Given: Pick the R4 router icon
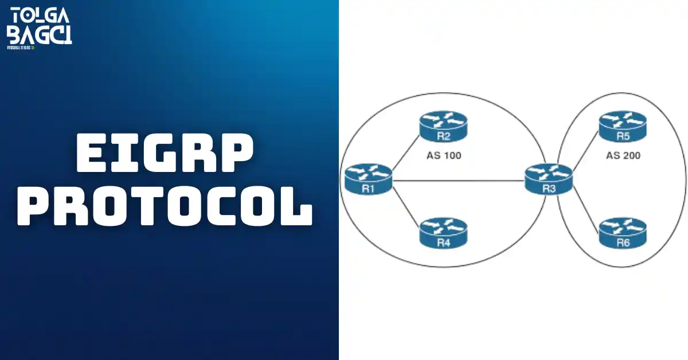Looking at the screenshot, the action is click(x=443, y=233).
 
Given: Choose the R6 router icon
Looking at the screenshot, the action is click(x=623, y=233).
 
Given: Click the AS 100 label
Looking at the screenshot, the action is click(x=444, y=155).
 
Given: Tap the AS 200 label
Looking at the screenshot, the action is click(x=623, y=155).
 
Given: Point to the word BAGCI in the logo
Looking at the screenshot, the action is click(x=39, y=34).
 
